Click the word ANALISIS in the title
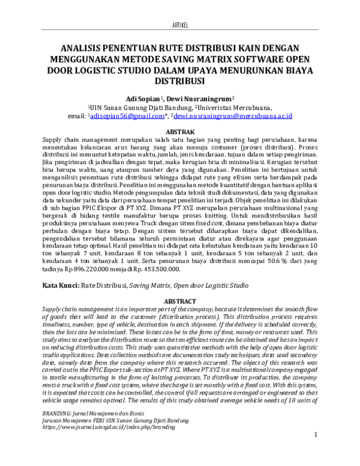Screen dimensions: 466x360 [88, 49]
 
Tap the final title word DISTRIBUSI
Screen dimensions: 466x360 [179, 81]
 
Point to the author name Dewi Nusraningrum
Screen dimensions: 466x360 [197, 97]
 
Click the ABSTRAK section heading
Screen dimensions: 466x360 [179, 131]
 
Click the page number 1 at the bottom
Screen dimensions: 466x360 [316, 451]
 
